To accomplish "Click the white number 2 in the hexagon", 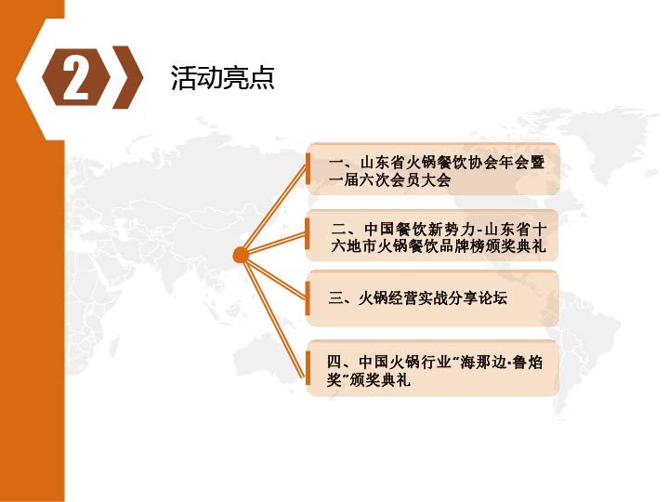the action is [x=75, y=78].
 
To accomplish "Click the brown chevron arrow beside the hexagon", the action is [x=127, y=77].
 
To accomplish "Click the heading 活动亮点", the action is [x=222, y=78].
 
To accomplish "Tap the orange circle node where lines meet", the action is [x=241, y=256].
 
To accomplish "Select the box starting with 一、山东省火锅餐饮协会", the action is [x=433, y=169].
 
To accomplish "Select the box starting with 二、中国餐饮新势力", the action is [x=433, y=235].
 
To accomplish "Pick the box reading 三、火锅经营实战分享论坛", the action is [x=433, y=298].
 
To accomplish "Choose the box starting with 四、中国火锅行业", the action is [x=433, y=368].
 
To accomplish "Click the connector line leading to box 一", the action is [x=274, y=210].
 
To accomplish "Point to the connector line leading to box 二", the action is [x=274, y=244].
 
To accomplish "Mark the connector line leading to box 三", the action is [x=274, y=277].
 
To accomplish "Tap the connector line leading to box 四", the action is [x=273, y=317].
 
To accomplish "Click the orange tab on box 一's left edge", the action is [x=308, y=169].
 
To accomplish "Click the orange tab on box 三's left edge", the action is [x=308, y=298].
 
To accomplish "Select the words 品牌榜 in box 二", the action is [x=462, y=246].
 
